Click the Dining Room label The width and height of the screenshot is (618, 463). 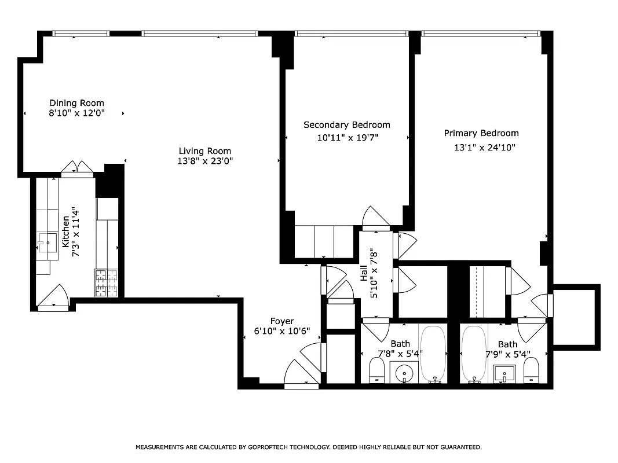[x=76, y=103]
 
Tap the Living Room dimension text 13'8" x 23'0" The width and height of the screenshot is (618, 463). [x=205, y=161]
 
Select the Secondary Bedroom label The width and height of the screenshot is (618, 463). [x=346, y=124]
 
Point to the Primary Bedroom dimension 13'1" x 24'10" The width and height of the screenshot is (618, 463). [x=484, y=148]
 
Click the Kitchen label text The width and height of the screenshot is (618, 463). [x=66, y=229]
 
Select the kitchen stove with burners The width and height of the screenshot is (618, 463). [x=106, y=284]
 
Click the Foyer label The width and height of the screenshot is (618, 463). [x=282, y=321]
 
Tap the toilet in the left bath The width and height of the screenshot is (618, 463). [x=377, y=370]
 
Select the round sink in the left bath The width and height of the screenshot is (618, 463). [x=404, y=374]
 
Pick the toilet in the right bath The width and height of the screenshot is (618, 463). [x=531, y=370]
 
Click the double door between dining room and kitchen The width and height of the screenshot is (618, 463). [x=78, y=167]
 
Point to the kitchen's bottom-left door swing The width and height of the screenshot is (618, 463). [x=55, y=296]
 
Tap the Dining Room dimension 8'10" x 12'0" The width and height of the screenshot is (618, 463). [x=76, y=114]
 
